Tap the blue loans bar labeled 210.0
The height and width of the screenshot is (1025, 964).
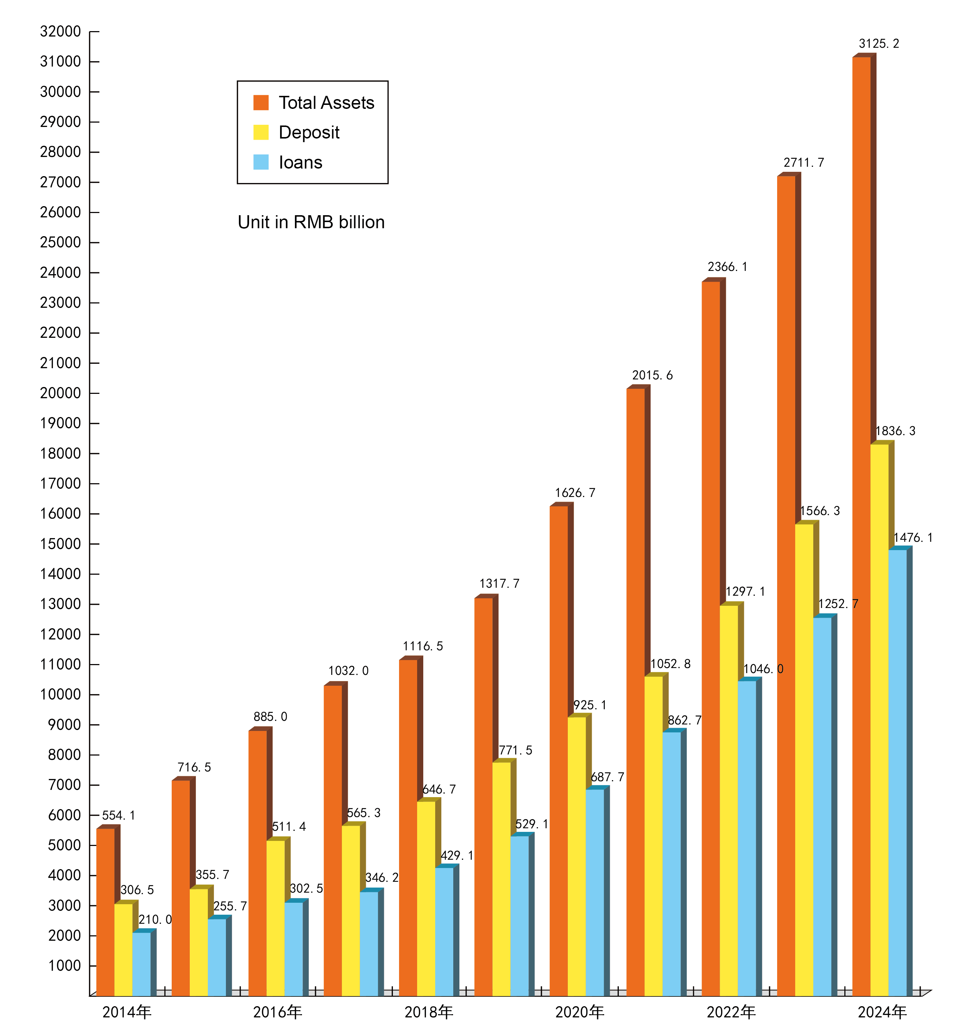click(x=141, y=964)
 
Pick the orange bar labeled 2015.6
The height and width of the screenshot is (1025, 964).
click(x=635, y=691)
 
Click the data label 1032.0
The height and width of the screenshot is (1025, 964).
click(x=348, y=671)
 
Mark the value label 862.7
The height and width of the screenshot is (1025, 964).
click(x=684, y=720)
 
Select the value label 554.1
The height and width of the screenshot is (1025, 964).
click(x=119, y=815)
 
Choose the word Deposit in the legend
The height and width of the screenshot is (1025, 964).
click(x=309, y=132)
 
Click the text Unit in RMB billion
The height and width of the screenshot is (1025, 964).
click(x=311, y=222)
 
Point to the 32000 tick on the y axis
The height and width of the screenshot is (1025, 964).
click(x=60, y=31)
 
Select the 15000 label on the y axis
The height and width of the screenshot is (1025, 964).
click(x=60, y=544)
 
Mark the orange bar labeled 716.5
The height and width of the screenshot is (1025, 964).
click(x=180, y=887)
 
